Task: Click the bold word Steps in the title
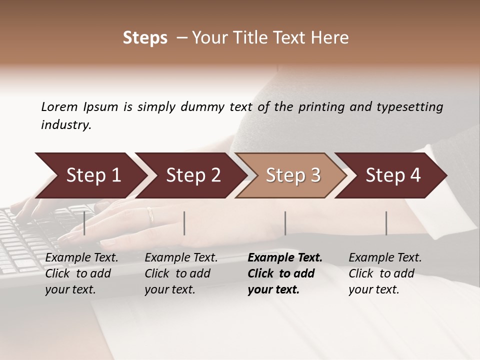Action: (x=145, y=38)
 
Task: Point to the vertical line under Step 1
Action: (x=84, y=223)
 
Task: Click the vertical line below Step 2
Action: (x=184, y=223)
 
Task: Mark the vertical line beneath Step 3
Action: (x=285, y=223)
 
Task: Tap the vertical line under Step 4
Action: (x=386, y=223)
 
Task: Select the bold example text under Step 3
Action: (x=285, y=273)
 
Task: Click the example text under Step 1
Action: (x=81, y=273)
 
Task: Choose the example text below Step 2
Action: (x=181, y=273)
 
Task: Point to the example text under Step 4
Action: (x=385, y=273)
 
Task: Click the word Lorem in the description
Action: (x=59, y=107)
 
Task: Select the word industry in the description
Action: (x=66, y=125)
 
